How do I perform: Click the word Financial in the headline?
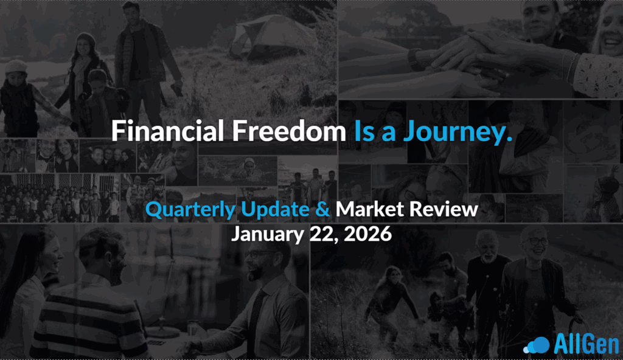click(168, 131)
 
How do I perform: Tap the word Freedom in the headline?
click(289, 131)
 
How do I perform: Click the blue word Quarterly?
click(190, 210)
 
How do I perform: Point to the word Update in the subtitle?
click(275, 210)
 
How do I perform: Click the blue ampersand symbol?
click(322, 209)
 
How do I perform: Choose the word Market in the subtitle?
click(369, 209)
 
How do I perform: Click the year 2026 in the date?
click(367, 234)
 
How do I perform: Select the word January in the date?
click(268, 235)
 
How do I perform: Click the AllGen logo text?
click(586, 344)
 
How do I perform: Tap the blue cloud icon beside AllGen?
click(537, 345)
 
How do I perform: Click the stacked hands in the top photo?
click(469, 60)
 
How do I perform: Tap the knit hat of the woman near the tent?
click(85, 39)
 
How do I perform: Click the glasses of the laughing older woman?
click(537, 241)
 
